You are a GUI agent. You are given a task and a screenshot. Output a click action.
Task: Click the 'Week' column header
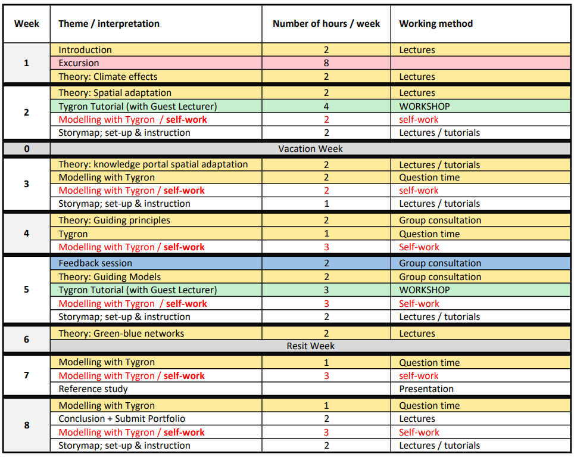26,24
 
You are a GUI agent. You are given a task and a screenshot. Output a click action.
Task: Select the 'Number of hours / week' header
326,24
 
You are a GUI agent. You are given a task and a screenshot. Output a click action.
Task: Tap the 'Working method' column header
436,24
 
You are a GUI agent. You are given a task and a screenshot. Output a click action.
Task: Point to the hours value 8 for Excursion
326,63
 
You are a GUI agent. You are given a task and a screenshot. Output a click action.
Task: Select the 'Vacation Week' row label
310,149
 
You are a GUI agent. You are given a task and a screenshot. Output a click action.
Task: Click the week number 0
26,149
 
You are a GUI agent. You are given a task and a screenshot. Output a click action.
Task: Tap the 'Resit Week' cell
310,346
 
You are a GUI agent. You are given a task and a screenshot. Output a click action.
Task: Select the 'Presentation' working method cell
426,389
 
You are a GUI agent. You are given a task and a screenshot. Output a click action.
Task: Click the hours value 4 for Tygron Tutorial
326,107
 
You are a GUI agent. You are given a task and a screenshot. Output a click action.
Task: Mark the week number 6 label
26,340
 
